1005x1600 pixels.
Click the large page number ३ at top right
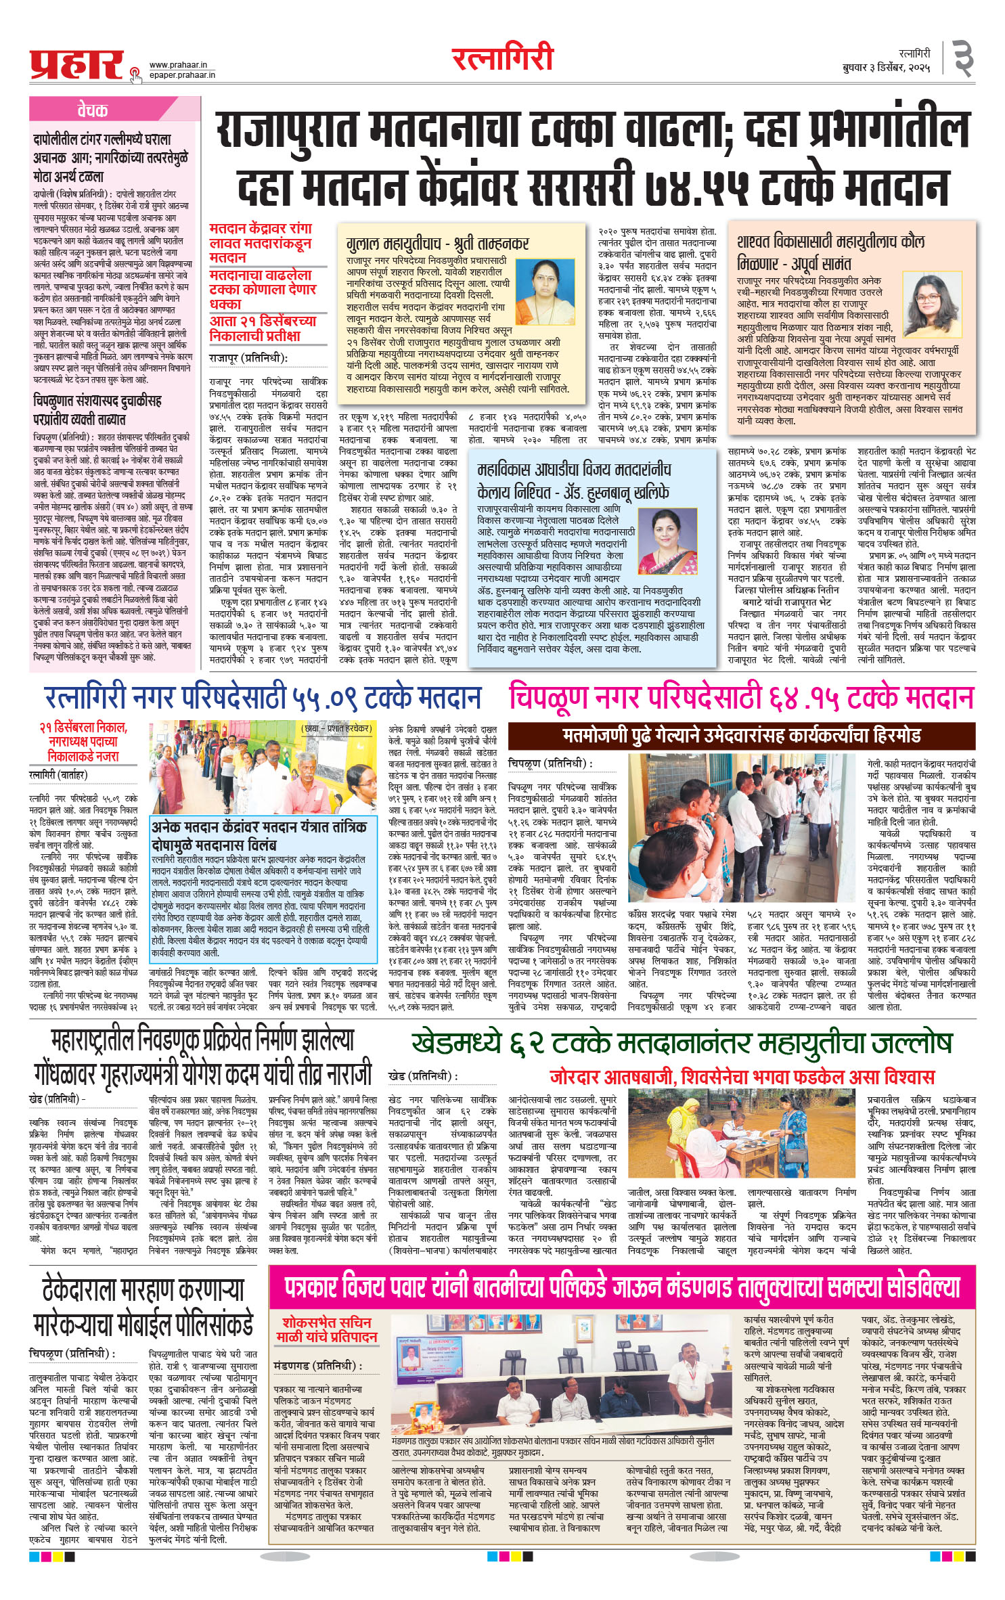[963, 60]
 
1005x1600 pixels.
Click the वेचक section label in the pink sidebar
[92, 110]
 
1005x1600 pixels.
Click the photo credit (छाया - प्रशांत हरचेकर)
[337, 729]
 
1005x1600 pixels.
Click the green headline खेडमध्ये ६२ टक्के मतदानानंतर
[682, 1044]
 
